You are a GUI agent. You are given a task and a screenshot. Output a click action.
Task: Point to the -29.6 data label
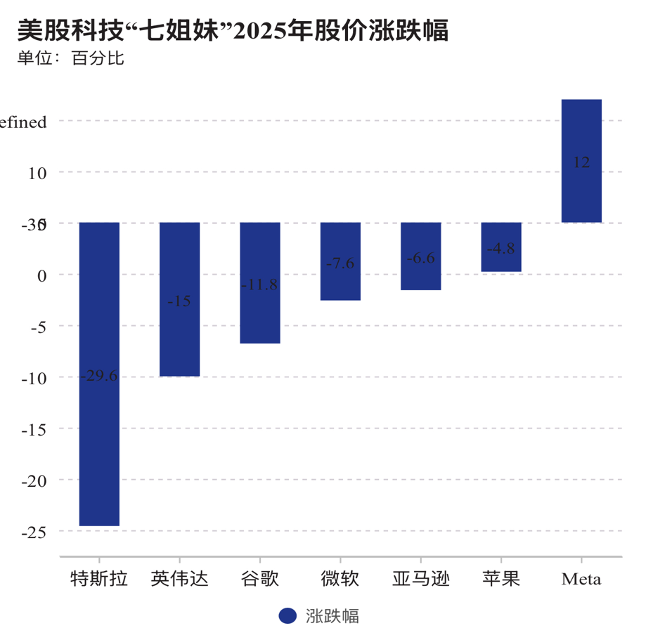99,376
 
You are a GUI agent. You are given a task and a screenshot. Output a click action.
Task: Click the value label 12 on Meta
581,162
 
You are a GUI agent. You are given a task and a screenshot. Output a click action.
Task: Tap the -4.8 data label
501,248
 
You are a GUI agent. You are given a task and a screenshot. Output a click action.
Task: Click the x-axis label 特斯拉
99,580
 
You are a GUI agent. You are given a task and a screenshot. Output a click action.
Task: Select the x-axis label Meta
581,580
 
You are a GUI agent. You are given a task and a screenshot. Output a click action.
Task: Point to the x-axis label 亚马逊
420,580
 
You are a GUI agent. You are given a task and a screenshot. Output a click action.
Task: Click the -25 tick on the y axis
33,532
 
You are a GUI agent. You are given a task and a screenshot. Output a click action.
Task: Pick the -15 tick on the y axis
33,429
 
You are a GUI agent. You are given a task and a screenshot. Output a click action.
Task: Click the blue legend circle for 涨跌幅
288,616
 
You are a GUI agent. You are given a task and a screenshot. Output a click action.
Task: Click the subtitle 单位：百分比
70,58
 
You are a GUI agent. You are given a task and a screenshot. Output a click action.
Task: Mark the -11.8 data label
260,285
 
